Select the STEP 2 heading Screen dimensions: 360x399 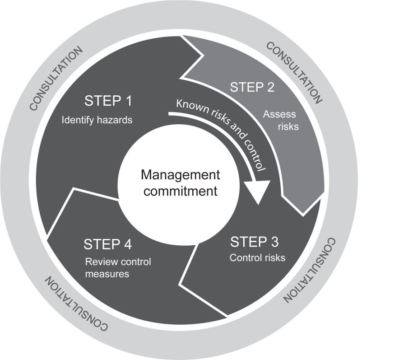coord(252,87)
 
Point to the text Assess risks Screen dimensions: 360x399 coord(281,121)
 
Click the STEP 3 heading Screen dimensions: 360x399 coord(254,242)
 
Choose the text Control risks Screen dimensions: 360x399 coord(257,258)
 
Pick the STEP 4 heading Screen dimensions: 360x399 coord(107,244)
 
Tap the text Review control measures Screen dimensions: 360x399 coord(118,267)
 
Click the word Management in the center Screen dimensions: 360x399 coord(180,175)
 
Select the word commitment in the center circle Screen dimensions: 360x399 coord(180,191)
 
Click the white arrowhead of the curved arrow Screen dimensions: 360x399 coord(259,190)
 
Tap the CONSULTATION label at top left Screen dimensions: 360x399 coord(56,78)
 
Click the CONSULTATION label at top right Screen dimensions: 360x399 coord(294,72)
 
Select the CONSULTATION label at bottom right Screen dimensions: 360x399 coord(310,270)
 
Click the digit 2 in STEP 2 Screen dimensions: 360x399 coord(269,87)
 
